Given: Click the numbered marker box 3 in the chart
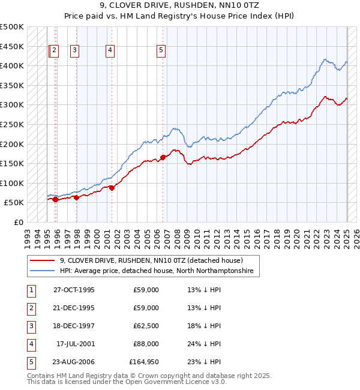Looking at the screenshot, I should (x=74, y=51).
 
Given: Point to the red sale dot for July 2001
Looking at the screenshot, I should (x=112, y=188).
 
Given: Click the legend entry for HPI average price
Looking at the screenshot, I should (x=156, y=271).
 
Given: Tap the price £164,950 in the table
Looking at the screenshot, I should (x=144, y=362).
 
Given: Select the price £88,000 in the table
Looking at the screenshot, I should (x=146, y=344).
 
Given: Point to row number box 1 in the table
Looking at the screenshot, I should (x=31, y=290).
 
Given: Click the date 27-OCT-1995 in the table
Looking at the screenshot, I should (x=74, y=290).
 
